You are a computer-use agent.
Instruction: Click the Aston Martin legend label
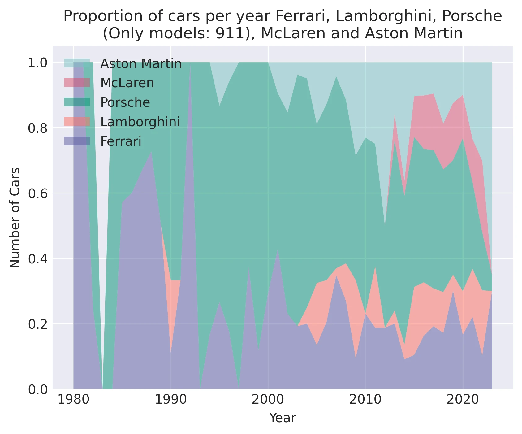[141, 64]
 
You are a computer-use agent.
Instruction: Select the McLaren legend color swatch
[77, 83]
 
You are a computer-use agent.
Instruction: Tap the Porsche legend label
[125, 102]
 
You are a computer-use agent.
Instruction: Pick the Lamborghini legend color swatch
[77, 122]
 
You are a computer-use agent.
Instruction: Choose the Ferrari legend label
[121, 141]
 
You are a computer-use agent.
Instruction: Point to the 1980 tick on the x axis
[73, 400]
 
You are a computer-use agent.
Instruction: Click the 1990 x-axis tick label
[171, 400]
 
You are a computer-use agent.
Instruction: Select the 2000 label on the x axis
[268, 400]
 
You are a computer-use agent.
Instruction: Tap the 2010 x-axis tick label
[365, 400]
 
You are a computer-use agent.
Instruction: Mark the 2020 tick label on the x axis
[463, 400]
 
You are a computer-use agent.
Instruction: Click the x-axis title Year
[283, 418]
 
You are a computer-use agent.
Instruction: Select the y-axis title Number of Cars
[15, 218]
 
